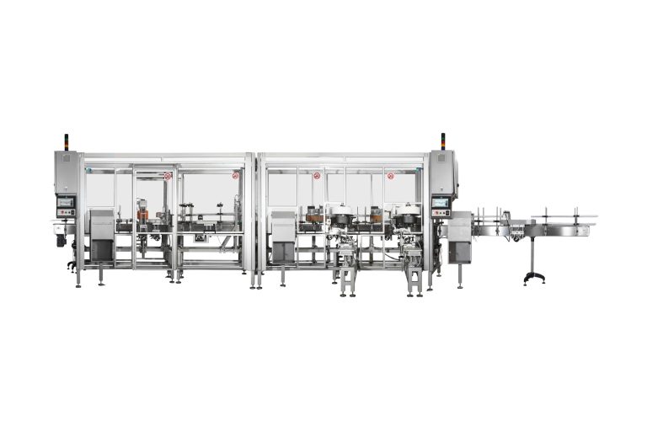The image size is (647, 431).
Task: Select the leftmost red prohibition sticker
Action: click(168, 176)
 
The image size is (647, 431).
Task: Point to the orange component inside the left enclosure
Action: click(144, 216)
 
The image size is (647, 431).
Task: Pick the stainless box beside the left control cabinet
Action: click(102, 236)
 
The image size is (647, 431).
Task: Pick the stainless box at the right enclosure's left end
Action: click(283, 237)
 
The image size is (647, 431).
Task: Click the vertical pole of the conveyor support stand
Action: click(532, 252)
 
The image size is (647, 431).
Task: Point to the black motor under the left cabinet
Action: click(61, 241)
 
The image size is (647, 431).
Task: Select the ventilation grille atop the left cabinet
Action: click(66, 160)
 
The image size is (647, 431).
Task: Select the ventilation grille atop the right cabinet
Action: click(441, 160)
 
